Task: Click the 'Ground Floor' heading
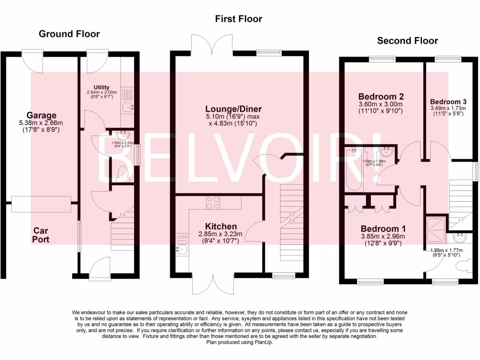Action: coord(69,34)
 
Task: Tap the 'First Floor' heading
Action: coord(239,19)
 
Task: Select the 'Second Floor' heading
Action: coord(407,41)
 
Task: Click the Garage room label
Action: coord(41,115)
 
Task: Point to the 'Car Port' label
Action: coord(41,235)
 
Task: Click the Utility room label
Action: coord(101,87)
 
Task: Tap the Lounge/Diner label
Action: coord(226,109)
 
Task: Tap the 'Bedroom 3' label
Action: coord(448,102)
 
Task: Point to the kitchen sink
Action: coord(181,245)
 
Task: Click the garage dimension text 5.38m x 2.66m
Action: coord(41,123)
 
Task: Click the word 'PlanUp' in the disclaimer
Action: coord(263,342)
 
